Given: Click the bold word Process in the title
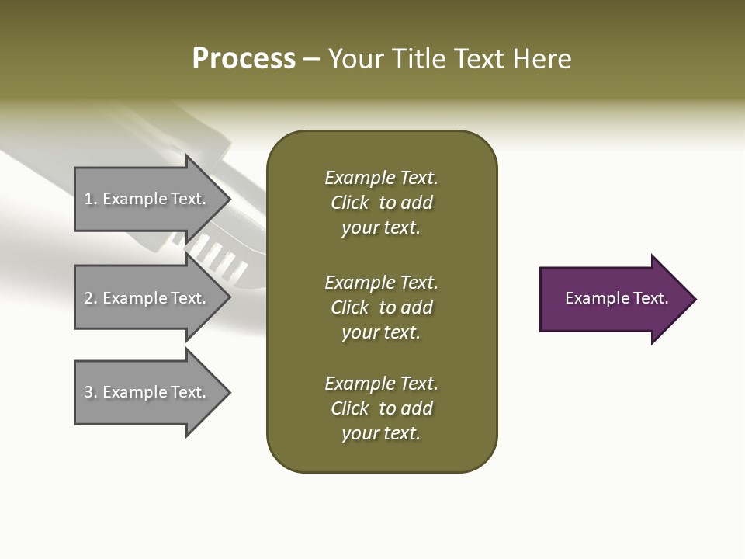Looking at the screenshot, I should (x=244, y=59).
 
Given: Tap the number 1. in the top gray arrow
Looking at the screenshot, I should (x=91, y=199).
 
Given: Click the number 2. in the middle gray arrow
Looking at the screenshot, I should (x=91, y=298).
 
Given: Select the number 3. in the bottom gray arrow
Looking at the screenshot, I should (x=91, y=392).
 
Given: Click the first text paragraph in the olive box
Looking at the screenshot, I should (x=381, y=203).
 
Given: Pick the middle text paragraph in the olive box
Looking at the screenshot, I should (x=381, y=307).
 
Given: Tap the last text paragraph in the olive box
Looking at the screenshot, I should (x=381, y=408).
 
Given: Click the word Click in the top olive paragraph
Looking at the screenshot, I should (x=349, y=203).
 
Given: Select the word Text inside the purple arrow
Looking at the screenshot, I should (x=650, y=298).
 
